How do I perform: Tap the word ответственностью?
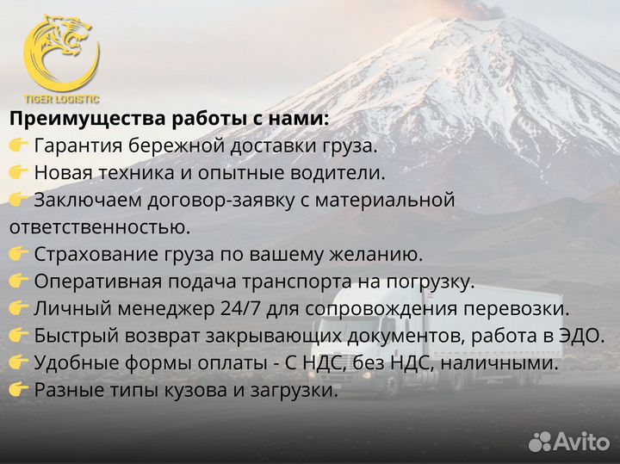pos(99,227)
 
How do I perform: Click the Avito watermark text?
pos(581,441)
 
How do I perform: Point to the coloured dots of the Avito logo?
pos(540,441)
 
